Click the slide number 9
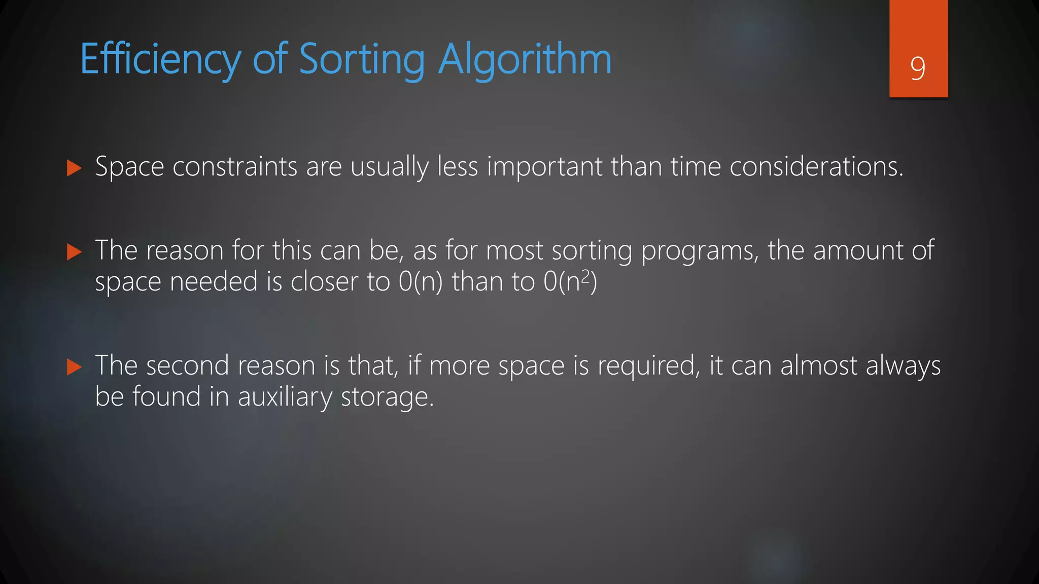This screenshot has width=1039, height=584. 918,68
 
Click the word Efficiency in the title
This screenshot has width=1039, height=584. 160,60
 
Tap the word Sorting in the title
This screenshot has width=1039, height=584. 362,60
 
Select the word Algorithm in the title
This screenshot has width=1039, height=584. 525,60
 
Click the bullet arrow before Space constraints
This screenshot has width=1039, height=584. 74,168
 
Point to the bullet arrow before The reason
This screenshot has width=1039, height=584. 74,252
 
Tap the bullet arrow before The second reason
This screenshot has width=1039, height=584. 74,367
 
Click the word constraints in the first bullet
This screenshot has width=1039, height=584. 235,167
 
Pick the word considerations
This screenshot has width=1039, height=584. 816,167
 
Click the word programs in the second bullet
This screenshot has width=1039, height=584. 700,251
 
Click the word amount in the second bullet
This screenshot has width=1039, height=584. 857,250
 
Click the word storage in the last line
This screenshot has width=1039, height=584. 387,397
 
